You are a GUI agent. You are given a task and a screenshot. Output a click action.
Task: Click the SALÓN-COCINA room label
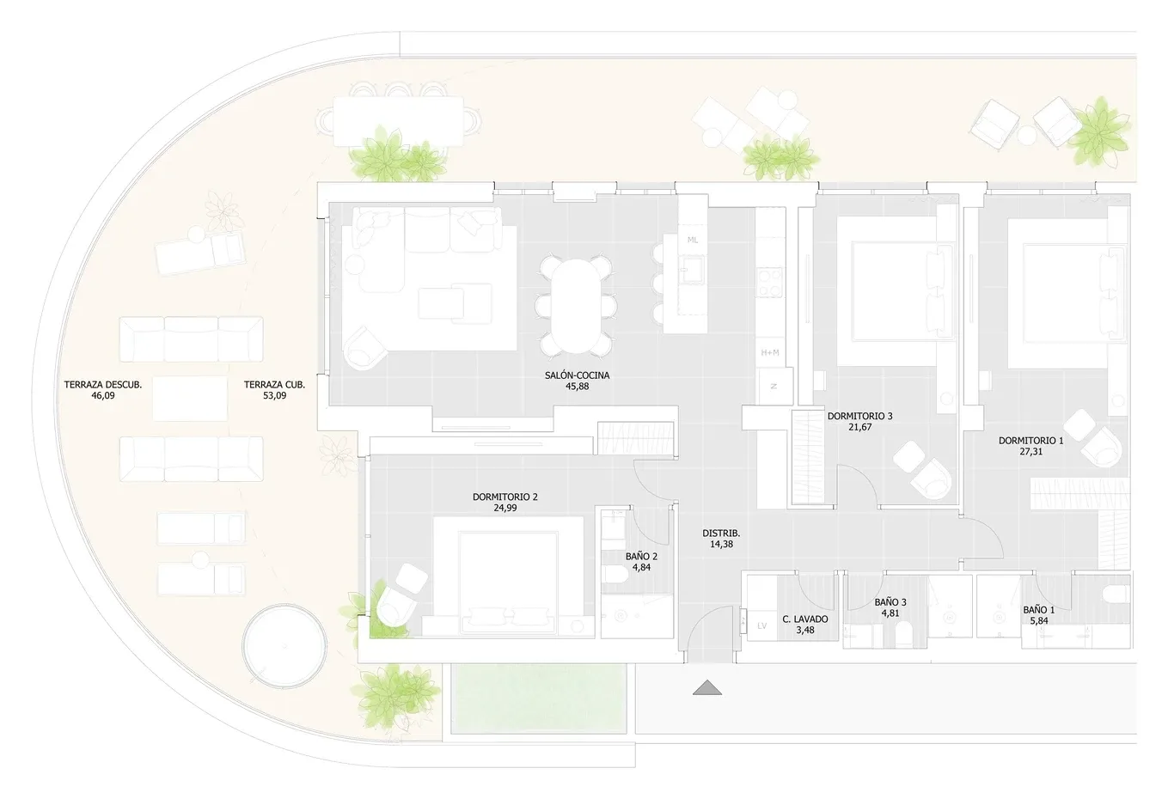578,375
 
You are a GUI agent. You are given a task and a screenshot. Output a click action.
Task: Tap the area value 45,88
578,387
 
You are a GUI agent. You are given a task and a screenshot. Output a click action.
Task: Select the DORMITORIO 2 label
505,497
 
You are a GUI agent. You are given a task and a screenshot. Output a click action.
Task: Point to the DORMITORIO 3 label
859,416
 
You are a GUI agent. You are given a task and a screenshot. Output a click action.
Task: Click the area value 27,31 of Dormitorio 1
1030,451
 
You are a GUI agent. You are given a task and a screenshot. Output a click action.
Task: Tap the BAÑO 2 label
641,556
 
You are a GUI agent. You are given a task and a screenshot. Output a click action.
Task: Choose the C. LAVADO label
805,619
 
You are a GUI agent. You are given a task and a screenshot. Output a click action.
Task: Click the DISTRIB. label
721,534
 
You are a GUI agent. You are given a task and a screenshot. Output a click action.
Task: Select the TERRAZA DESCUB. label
103,385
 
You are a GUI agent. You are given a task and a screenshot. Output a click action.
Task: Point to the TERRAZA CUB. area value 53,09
275,395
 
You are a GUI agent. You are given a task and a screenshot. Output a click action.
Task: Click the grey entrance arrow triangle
707,688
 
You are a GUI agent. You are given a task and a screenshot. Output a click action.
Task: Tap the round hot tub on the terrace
285,646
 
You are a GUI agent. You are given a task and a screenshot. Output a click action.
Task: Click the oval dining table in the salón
576,306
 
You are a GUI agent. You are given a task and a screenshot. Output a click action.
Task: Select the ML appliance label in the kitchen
693,241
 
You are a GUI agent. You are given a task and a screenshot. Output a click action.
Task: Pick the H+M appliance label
769,353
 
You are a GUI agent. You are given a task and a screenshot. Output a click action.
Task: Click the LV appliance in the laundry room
761,626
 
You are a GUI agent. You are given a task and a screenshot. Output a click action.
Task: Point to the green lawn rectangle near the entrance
539,698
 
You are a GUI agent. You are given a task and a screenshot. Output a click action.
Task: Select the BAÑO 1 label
1039,610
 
